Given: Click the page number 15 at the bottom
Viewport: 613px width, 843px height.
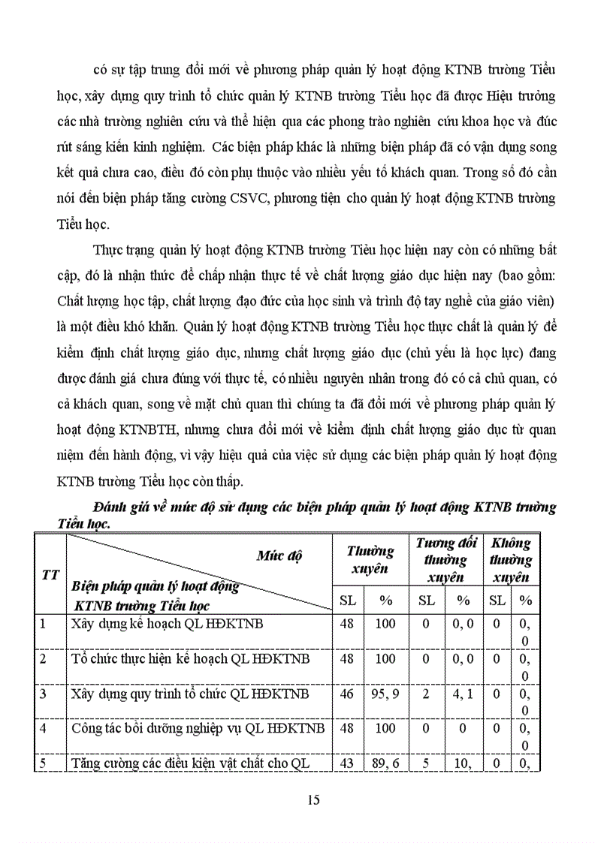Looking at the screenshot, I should [313, 799].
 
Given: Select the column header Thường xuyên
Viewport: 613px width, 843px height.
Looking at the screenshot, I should [370, 560].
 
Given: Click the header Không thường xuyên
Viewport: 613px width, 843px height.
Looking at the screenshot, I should [511, 560].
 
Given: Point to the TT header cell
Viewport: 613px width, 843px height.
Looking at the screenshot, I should [50, 574].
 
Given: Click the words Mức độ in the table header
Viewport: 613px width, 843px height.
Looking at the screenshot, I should [279, 555].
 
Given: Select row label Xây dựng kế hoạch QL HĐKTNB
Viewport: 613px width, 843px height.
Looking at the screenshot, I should [167, 623].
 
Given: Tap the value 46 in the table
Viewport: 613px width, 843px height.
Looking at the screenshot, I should [346, 694].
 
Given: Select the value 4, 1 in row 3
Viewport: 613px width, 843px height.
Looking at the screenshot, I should [463, 694].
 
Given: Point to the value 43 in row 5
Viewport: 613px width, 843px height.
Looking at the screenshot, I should [346, 764].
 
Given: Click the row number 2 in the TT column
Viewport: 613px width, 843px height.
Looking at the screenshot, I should [43, 658].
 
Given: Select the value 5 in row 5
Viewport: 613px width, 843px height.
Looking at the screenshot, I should [425, 764].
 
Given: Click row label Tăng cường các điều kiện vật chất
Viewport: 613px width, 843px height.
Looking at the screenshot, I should [190, 764].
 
